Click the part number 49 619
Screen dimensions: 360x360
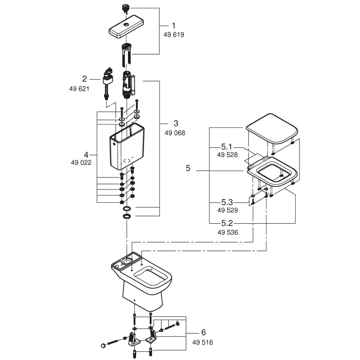(174, 35)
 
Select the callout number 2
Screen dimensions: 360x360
(85, 79)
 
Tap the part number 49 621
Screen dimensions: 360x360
(79, 88)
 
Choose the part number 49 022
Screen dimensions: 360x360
(81, 163)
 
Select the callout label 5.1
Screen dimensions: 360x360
(227, 146)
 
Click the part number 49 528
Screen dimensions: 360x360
(227, 155)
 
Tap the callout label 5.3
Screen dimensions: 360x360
(227, 202)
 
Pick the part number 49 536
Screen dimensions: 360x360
(227, 233)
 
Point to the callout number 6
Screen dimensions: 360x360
(203, 333)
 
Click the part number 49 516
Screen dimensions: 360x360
(202, 342)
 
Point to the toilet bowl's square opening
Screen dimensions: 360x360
(151, 276)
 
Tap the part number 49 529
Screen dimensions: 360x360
(227, 210)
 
